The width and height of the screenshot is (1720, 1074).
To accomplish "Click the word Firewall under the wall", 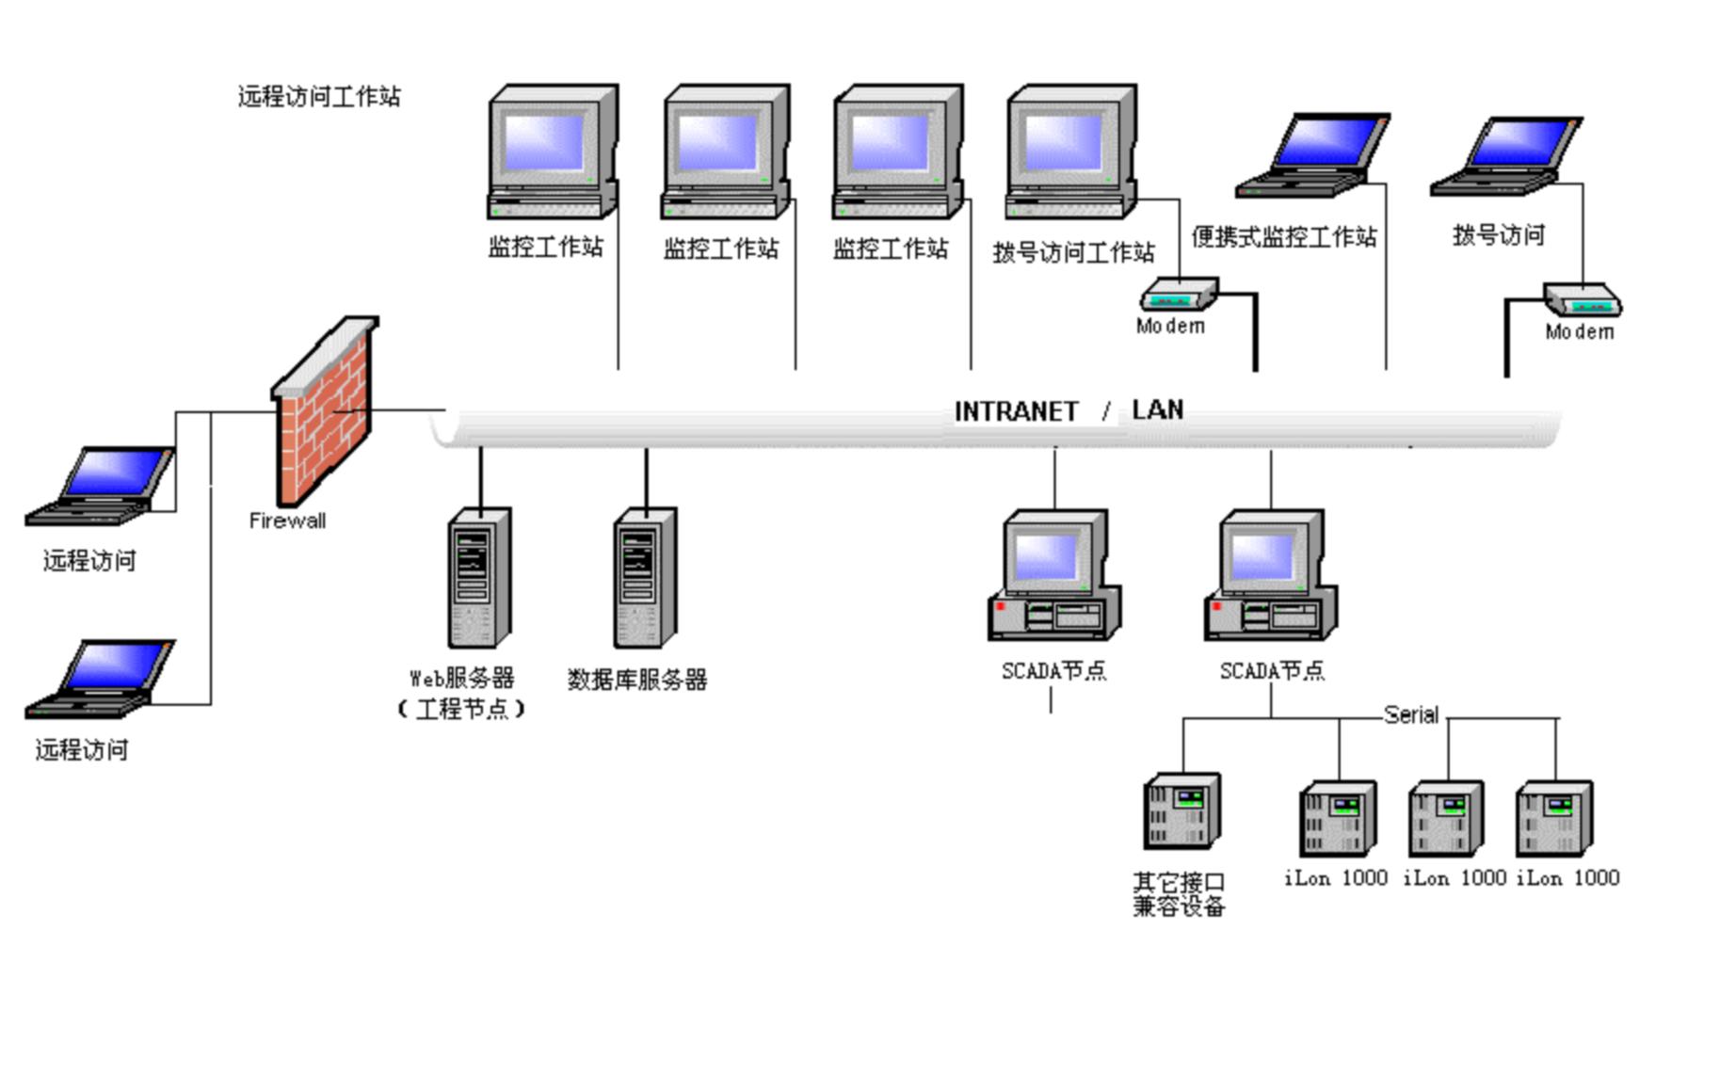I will (287, 521).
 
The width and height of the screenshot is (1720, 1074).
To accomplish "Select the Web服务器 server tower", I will (479, 578).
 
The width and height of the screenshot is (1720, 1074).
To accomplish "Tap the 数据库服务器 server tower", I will (645, 578).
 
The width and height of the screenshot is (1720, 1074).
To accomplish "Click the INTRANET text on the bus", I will (1016, 411).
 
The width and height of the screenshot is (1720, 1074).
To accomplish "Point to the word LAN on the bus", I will (1157, 409).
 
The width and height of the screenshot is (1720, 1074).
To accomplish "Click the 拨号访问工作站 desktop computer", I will (1071, 151).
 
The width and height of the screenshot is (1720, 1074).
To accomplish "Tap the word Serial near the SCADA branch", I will (1410, 714).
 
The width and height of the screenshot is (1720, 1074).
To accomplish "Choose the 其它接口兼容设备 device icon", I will (1182, 811).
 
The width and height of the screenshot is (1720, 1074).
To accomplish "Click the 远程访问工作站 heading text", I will (319, 96).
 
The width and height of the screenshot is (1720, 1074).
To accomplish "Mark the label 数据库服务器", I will (636, 680).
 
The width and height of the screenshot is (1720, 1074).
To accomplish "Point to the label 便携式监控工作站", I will (1284, 237).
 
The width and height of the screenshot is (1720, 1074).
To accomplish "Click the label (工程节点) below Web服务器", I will (461, 709).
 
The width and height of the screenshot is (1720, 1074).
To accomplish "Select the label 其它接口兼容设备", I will (1179, 894).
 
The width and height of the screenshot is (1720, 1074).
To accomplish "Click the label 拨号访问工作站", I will (1073, 252).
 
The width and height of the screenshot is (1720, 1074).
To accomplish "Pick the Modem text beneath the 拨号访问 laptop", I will (1579, 331).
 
